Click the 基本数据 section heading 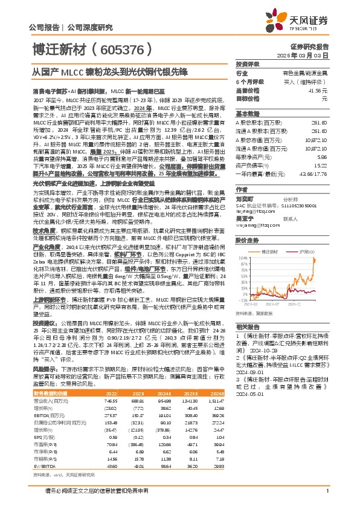click(x=247, y=114)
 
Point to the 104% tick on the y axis click(x=243, y=258)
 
